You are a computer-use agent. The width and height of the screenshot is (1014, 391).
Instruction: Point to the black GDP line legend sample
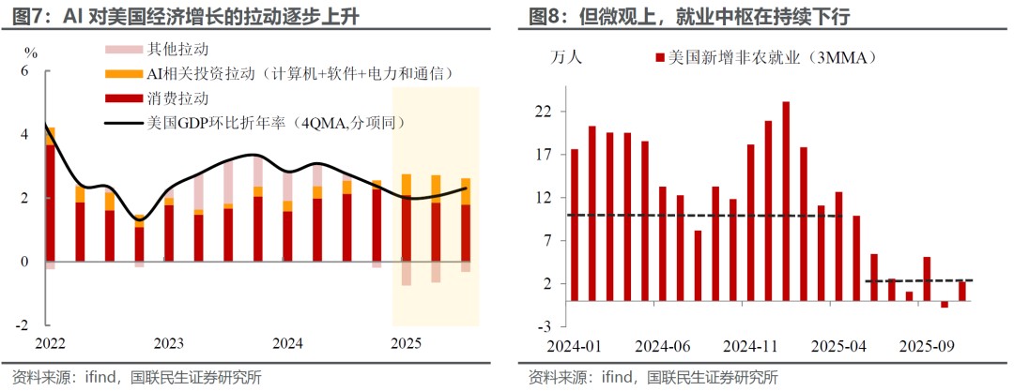click(x=123, y=122)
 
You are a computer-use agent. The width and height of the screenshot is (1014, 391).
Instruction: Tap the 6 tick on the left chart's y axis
click(x=25, y=71)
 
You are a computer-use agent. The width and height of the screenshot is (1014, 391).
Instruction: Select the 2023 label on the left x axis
click(x=169, y=343)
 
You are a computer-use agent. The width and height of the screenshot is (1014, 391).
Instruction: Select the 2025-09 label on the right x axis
click(x=929, y=344)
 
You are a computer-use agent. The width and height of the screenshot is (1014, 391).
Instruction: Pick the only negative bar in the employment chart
click(x=945, y=304)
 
